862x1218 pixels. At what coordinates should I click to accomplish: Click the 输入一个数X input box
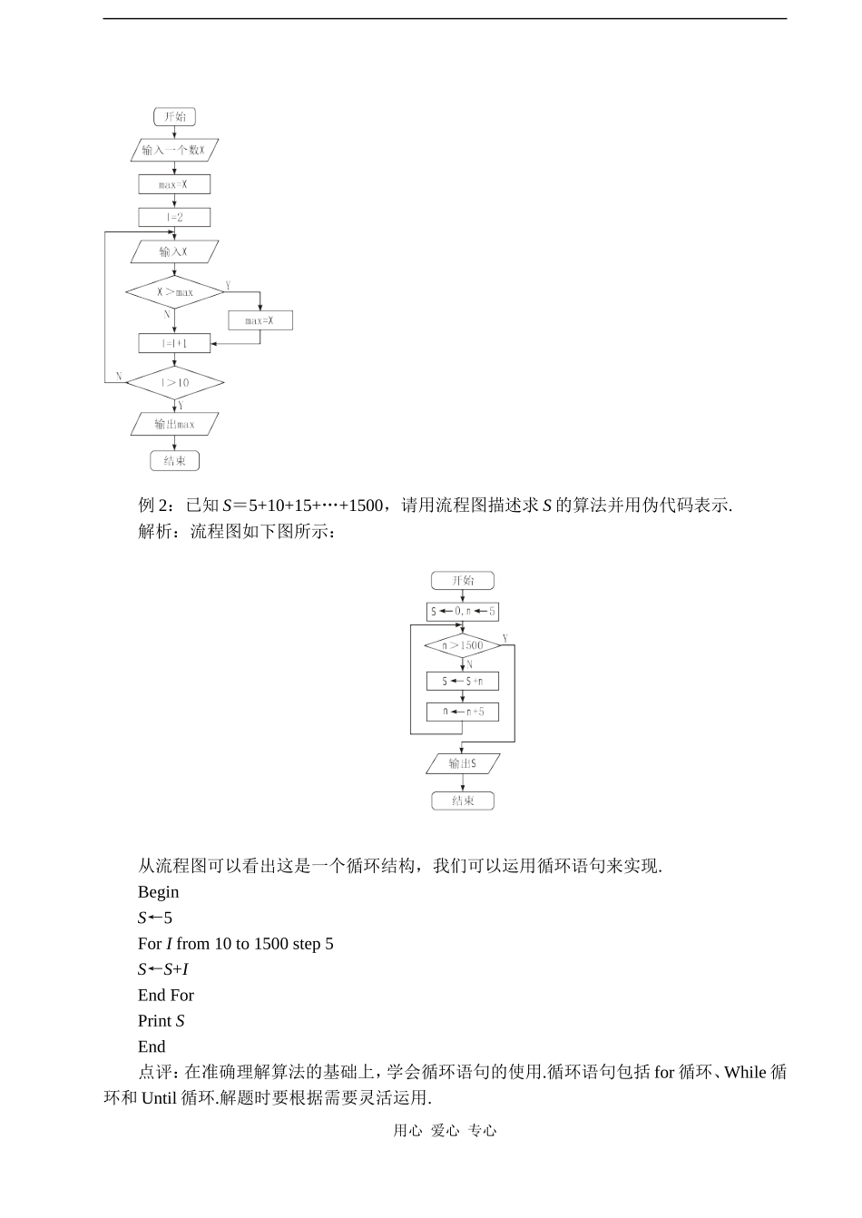click(174, 150)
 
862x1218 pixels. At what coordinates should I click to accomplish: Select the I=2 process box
click(174, 218)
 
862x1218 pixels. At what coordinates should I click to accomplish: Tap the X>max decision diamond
click(174, 292)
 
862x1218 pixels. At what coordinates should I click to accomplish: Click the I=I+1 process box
click(174, 343)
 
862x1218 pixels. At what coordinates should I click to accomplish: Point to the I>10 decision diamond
click(174, 383)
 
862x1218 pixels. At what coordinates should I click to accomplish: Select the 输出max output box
click(174, 424)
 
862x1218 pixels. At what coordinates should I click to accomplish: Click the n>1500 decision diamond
click(463, 645)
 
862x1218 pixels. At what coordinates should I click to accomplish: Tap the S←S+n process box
click(463, 681)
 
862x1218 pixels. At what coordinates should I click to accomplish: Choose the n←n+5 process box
click(463, 712)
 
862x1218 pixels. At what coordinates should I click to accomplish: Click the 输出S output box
click(463, 764)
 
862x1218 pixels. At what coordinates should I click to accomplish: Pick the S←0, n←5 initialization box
click(463, 612)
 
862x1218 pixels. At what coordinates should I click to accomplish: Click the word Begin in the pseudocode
click(159, 892)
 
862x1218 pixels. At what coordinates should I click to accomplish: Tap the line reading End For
click(166, 996)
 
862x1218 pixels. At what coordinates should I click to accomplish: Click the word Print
click(155, 1021)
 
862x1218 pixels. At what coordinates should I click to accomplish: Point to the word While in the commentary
click(745, 1073)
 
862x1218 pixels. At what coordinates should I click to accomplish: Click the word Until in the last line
click(159, 1098)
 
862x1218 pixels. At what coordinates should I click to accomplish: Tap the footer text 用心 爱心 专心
click(445, 1131)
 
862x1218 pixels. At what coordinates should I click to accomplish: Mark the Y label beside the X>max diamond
click(228, 285)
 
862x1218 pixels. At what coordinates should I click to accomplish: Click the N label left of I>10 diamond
click(119, 376)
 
